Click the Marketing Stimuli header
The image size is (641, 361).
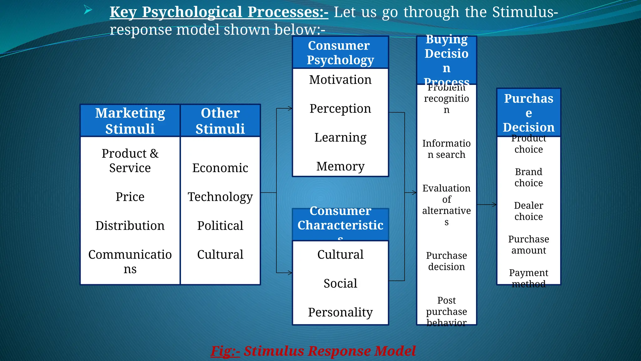pyautogui.click(x=130, y=121)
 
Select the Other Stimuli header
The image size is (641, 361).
pyautogui.click(x=220, y=121)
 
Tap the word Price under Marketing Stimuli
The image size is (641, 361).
pyautogui.click(x=130, y=197)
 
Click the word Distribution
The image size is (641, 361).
pyautogui.click(x=130, y=226)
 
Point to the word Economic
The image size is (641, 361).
pyautogui.click(x=220, y=168)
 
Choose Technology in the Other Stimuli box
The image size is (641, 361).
pyautogui.click(x=220, y=197)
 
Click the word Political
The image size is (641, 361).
pyautogui.click(x=220, y=226)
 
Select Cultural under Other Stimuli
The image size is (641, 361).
pyautogui.click(x=220, y=254)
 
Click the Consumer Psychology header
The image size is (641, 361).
pyautogui.click(x=340, y=52)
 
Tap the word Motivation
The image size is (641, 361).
pyautogui.click(x=340, y=80)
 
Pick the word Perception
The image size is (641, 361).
pyautogui.click(x=340, y=108)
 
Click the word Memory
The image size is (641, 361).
pyautogui.click(x=340, y=166)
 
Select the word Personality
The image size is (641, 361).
pyautogui.click(x=340, y=312)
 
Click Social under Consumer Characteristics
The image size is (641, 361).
pyautogui.click(x=340, y=283)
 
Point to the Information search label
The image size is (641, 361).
pyautogui.click(x=446, y=149)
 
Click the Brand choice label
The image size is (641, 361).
pyautogui.click(x=529, y=177)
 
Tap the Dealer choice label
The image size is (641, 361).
pyautogui.click(x=529, y=211)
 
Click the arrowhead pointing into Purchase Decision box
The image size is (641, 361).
pyautogui.click(x=495, y=205)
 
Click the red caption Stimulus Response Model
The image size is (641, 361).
pyautogui.click(x=329, y=351)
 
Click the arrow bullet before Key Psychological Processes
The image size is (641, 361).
pyautogui.click(x=88, y=11)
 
